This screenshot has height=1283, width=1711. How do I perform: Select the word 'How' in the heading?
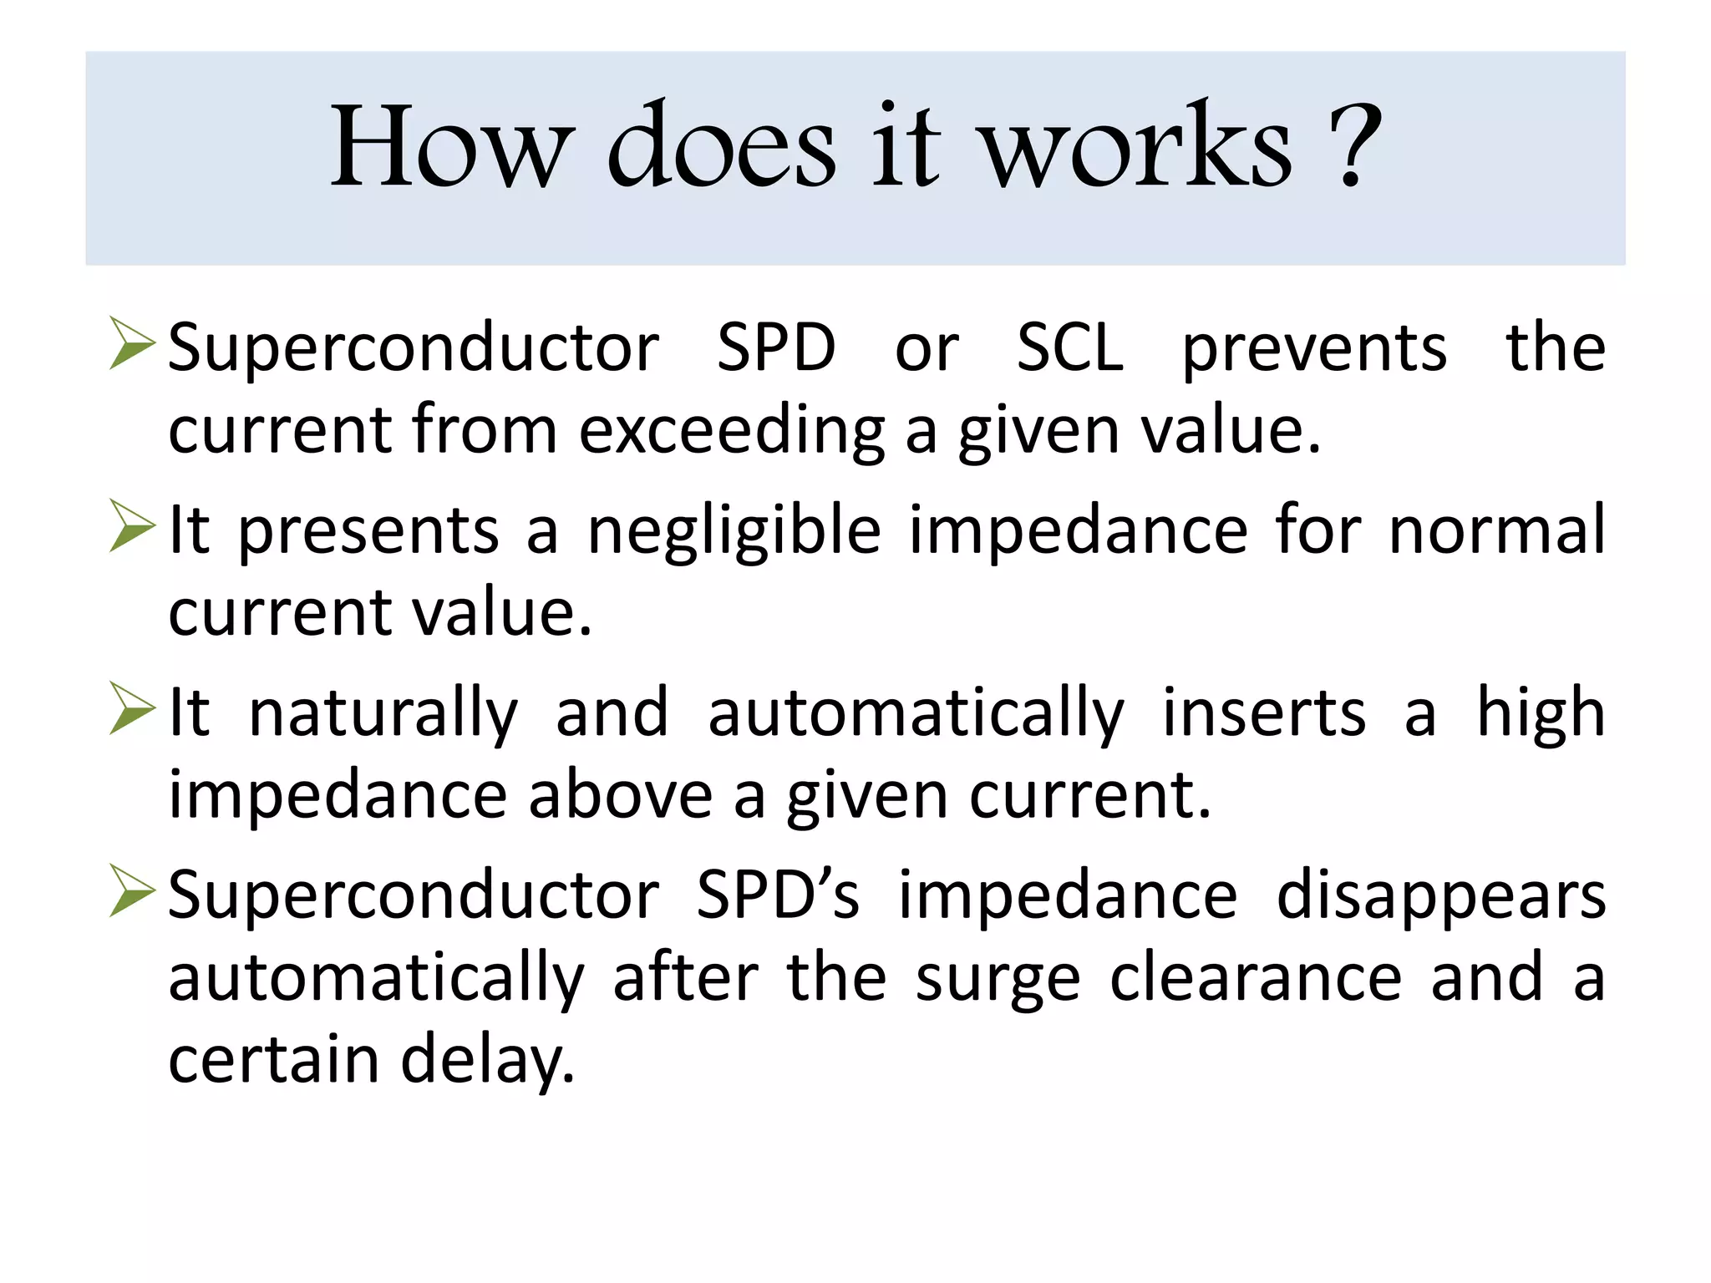(x=452, y=147)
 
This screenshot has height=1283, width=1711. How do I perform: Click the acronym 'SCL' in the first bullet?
(x=1070, y=347)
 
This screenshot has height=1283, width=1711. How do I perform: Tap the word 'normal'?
(x=1496, y=530)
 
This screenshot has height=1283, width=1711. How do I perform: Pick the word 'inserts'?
(x=1264, y=713)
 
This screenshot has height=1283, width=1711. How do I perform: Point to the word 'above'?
(x=621, y=795)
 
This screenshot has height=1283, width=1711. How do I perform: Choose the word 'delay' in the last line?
(x=488, y=1061)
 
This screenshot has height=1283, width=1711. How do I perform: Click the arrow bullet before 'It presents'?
(x=132, y=526)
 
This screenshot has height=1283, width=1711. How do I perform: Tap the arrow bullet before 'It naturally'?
(x=132, y=708)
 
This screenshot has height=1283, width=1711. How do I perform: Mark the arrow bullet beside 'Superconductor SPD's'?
(x=132, y=891)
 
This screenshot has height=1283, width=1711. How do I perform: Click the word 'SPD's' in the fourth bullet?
(x=778, y=895)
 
